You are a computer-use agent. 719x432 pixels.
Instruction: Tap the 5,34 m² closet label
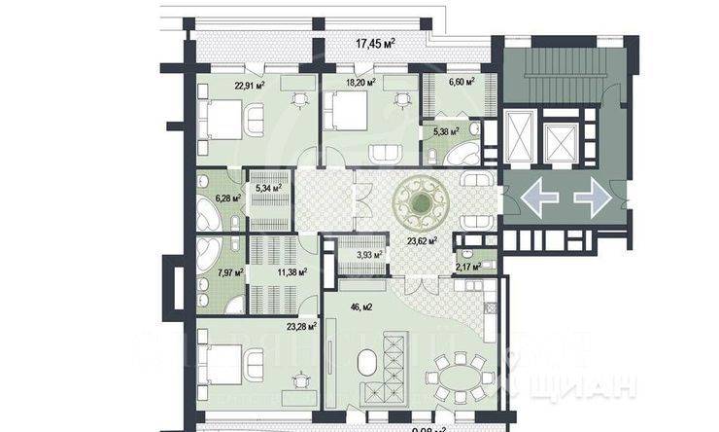267,187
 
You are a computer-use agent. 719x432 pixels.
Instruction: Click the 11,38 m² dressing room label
291,273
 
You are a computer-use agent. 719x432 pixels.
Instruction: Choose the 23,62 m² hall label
420,240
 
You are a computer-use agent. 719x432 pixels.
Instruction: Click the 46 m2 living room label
362,306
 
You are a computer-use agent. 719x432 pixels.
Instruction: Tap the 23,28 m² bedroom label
301,327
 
